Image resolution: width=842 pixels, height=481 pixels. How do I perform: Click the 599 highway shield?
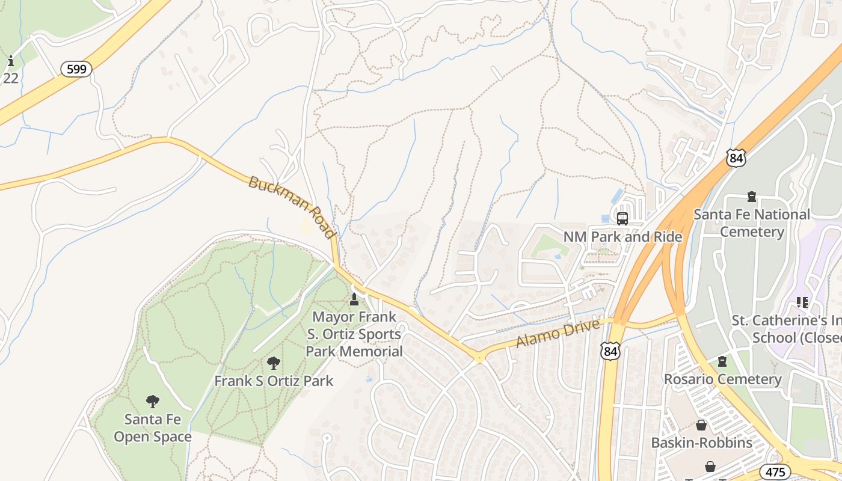(x=76, y=69)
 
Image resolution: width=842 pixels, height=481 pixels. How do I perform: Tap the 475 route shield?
(x=775, y=471)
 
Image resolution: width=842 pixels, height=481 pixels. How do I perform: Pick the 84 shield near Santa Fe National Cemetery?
(x=736, y=158)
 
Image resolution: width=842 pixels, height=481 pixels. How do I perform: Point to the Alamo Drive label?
(x=558, y=334)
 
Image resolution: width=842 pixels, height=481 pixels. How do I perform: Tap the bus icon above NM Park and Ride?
(x=622, y=219)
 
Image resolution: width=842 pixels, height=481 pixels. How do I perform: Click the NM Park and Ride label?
(x=622, y=237)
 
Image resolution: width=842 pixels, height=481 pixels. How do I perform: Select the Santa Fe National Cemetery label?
(x=752, y=223)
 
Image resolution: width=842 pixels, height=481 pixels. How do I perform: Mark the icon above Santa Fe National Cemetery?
(x=751, y=196)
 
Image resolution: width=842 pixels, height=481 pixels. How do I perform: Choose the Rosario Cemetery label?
(x=722, y=379)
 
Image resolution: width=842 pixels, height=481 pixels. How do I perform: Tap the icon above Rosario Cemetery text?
(x=722, y=361)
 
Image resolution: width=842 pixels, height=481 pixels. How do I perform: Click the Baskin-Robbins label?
(x=701, y=443)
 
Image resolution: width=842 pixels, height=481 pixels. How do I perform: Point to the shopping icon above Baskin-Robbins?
(x=701, y=426)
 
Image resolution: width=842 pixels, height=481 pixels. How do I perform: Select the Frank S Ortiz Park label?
(x=274, y=381)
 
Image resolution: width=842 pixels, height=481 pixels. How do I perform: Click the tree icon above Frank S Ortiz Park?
(x=274, y=363)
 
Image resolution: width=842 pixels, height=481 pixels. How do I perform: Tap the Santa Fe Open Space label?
(x=153, y=428)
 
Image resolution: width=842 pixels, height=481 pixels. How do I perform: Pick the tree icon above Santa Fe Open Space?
(x=153, y=402)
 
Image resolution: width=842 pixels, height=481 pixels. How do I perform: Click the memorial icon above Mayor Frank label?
(x=354, y=299)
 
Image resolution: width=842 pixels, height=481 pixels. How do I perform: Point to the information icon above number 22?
(x=11, y=61)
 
